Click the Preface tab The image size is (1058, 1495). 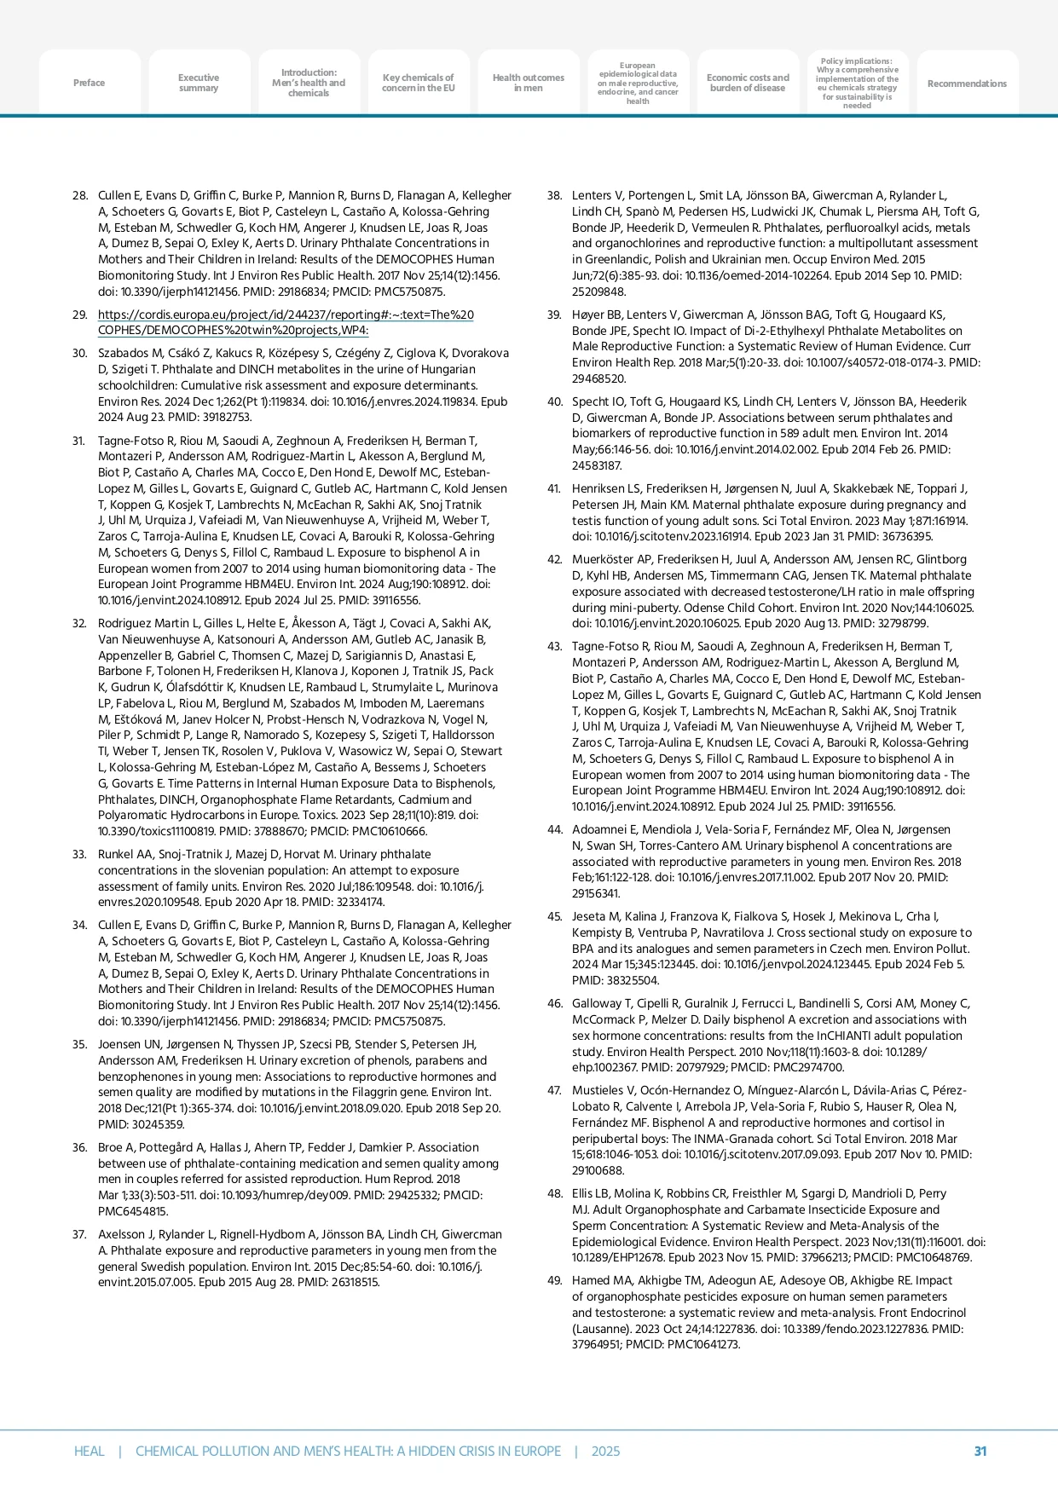tap(89, 83)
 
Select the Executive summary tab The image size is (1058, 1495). tap(199, 83)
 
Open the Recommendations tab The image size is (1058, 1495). tap(967, 84)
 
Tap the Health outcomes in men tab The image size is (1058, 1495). tap(528, 83)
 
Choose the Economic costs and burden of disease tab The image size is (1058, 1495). tap(748, 83)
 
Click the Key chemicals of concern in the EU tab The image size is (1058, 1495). tap(418, 83)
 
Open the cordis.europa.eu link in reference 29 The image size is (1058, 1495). tap(286, 322)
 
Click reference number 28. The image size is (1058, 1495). tap(80, 196)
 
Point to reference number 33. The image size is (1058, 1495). tap(80, 854)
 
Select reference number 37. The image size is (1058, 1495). tap(80, 1234)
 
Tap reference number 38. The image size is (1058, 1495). tap(554, 196)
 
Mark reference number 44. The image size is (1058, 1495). tap(554, 829)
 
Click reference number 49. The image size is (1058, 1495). tap(554, 1280)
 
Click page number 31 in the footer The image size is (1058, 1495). tap(980, 1451)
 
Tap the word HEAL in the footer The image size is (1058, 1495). tap(89, 1451)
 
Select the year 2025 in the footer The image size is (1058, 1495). tap(605, 1451)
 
